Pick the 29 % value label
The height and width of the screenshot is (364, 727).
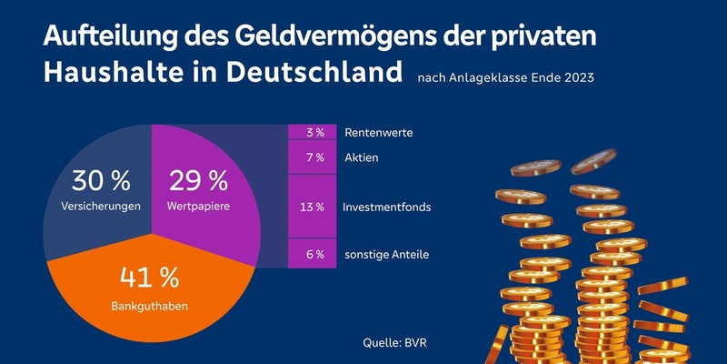coord(198,180)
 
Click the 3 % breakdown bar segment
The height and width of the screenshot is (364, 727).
coord(314,133)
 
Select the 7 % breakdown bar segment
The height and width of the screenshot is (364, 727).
coord(314,158)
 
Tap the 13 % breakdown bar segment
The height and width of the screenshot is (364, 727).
coord(314,207)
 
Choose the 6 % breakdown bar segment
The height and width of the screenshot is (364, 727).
coord(314,254)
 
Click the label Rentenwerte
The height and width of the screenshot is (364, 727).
coord(378,133)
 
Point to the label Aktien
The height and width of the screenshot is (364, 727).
coord(361,158)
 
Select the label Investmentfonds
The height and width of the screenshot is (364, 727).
coord(386,207)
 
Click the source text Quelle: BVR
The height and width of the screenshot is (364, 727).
coord(397,344)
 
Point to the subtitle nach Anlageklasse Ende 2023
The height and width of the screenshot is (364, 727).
coord(505,78)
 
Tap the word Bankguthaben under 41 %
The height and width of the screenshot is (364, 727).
coord(151,307)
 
